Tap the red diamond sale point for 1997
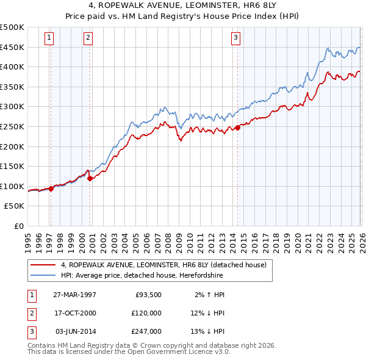[51, 189]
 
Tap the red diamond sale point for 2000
[90, 178]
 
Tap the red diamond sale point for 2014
[237, 128]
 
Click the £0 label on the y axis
[18, 226]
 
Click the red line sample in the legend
[43, 265]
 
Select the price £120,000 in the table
[146, 313]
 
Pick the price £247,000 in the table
[146, 331]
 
